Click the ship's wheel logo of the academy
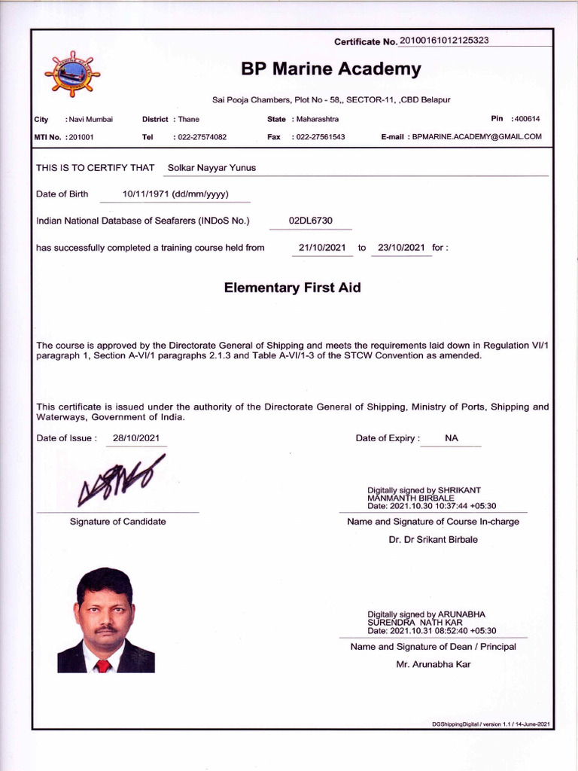pos(71,75)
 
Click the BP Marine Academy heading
pos(330,70)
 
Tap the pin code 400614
pos(528,119)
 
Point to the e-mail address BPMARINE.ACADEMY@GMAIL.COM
pos(477,137)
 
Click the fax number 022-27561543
pos(321,137)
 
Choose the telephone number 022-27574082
pos(202,137)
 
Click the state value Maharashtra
pos(318,119)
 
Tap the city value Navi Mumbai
pos(91,119)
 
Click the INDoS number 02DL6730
pos(310,221)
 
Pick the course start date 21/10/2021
pos(322,248)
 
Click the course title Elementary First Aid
pos(292,288)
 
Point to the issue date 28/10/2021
pos(135,438)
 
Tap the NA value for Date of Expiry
pos(452,438)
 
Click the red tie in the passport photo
pos(103,666)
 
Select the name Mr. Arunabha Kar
pos(433,665)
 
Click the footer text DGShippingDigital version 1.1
pos(491,724)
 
